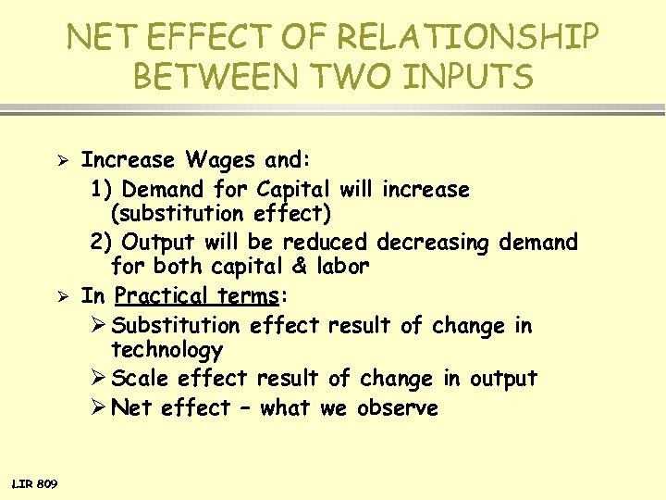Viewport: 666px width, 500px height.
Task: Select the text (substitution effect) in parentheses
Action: pyautogui.click(x=221, y=214)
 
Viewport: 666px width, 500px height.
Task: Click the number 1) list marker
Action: pyautogui.click(x=102, y=190)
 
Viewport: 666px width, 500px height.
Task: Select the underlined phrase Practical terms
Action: pyautogui.click(x=197, y=296)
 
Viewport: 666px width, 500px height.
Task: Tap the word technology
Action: pyautogui.click(x=166, y=350)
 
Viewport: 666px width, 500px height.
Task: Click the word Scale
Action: pyautogui.click(x=141, y=379)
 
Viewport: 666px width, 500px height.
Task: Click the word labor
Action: pyautogui.click(x=342, y=267)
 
